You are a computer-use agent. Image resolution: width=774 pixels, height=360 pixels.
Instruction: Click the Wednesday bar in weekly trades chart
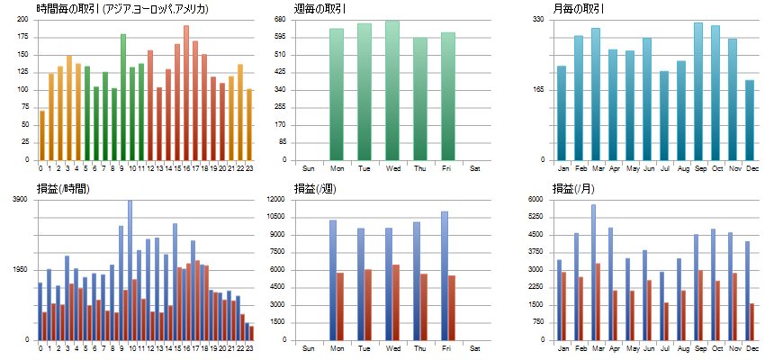tap(392, 90)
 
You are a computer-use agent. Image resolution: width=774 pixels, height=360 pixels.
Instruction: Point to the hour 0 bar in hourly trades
tap(41, 135)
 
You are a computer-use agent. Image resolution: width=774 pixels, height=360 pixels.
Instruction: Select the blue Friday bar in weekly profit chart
tap(445, 275)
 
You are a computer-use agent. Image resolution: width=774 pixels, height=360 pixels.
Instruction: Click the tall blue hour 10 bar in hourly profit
tap(130, 270)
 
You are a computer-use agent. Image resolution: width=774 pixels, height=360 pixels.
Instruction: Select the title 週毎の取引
tap(321, 9)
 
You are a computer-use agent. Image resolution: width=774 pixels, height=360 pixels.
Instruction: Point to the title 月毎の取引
tap(579, 9)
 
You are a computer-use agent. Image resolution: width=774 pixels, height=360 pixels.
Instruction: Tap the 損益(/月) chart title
tap(577, 189)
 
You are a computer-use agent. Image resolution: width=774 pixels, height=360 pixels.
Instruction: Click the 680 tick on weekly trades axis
tap(279, 19)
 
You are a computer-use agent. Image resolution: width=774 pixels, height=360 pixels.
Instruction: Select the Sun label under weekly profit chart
tap(309, 346)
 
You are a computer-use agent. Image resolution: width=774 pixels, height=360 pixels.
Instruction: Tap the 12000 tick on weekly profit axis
tap(276, 199)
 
